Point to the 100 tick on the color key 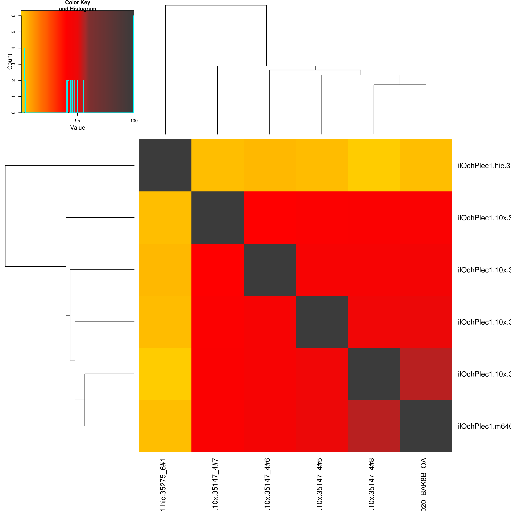[134, 121]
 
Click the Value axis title [78, 128]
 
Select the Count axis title [10, 62]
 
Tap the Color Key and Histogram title [78, 6]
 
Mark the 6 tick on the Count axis [13, 16]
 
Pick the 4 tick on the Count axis [13, 48]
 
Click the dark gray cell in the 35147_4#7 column [217, 217]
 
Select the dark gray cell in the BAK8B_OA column [426, 426]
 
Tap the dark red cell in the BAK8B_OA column [426, 374]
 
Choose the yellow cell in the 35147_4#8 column [374, 165]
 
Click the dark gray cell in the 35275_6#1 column [165, 165]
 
